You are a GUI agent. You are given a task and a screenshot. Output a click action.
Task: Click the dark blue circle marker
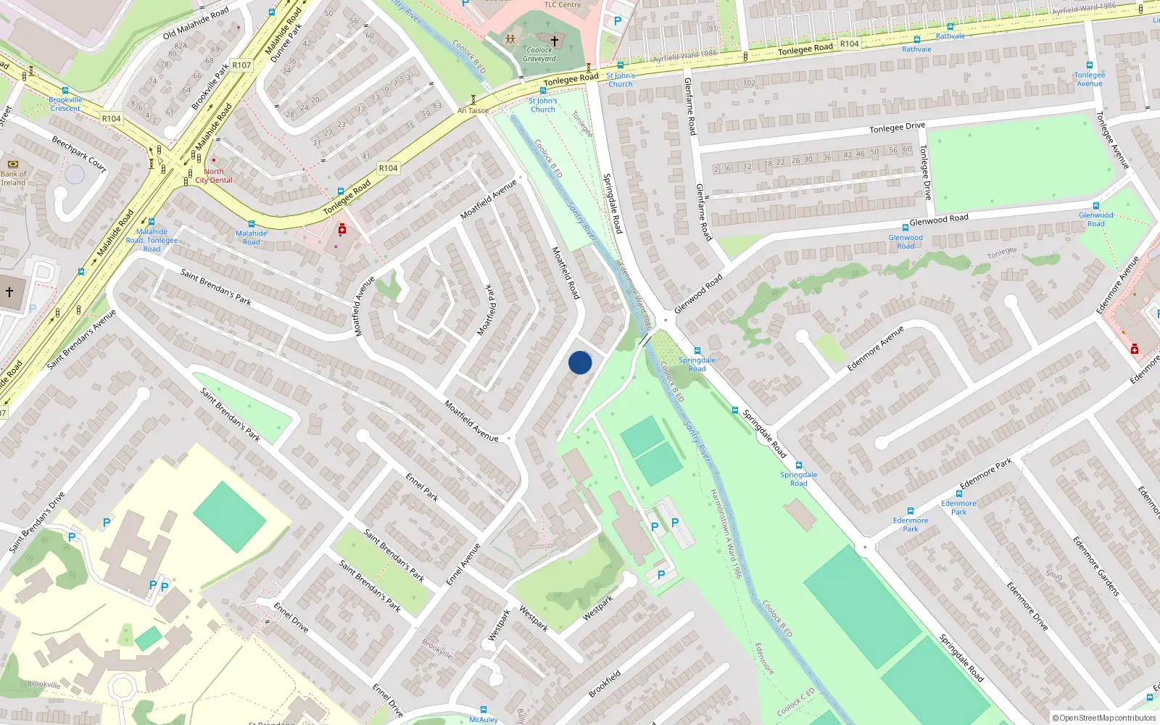pyautogui.click(x=580, y=362)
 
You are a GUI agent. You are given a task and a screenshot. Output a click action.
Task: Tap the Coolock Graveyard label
pyautogui.click(x=539, y=54)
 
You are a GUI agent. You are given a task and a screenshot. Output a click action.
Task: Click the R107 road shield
pyautogui.click(x=241, y=65)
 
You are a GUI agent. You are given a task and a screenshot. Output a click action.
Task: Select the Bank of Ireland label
pyautogui.click(x=13, y=178)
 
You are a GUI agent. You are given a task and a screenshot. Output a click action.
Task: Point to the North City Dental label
pyautogui.click(x=214, y=176)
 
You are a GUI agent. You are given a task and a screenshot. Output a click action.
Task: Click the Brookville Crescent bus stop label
pyautogui.click(x=65, y=104)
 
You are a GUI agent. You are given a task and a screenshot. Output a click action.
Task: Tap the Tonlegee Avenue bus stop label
pyautogui.click(x=1090, y=79)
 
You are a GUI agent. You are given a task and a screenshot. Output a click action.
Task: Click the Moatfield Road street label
pyautogui.click(x=566, y=273)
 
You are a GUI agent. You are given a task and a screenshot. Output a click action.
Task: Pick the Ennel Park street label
pyautogui.click(x=422, y=487)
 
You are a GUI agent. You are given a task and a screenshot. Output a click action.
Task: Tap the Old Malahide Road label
pyautogui.click(x=196, y=23)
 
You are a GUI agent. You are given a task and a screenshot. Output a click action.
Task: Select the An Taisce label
pyautogui.click(x=473, y=111)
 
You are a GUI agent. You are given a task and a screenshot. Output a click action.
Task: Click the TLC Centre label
pyautogui.click(x=563, y=4)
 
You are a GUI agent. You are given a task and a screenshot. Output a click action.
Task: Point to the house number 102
pyautogui.click(x=749, y=83)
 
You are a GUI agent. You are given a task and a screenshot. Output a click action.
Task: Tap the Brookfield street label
pyautogui.click(x=605, y=684)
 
